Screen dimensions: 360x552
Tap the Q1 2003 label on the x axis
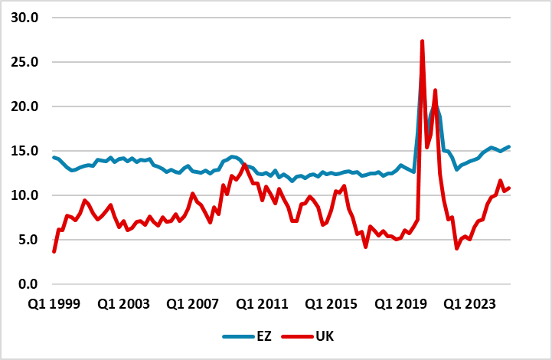coord(124,304)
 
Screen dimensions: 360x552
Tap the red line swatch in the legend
coord(297,336)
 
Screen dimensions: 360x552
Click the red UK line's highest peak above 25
coord(423,41)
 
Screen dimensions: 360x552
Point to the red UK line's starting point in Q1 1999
coord(54,251)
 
